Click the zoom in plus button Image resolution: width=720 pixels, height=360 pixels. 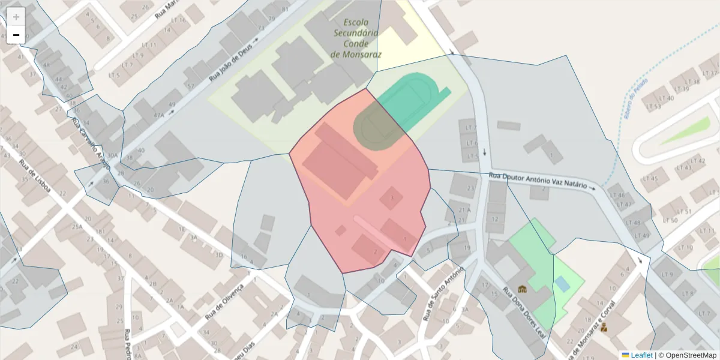[x=16, y=17]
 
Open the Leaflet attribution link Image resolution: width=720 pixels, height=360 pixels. [x=641, y=355]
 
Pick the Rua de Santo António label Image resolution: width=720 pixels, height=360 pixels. [x=444, y=294]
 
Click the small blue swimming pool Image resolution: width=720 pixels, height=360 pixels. [x=562, y=284]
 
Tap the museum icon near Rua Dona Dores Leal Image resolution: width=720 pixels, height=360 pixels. [x=522, y=289]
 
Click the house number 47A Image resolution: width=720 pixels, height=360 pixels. [x=159, y=116]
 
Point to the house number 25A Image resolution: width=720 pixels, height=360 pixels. [x=77, y=227]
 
